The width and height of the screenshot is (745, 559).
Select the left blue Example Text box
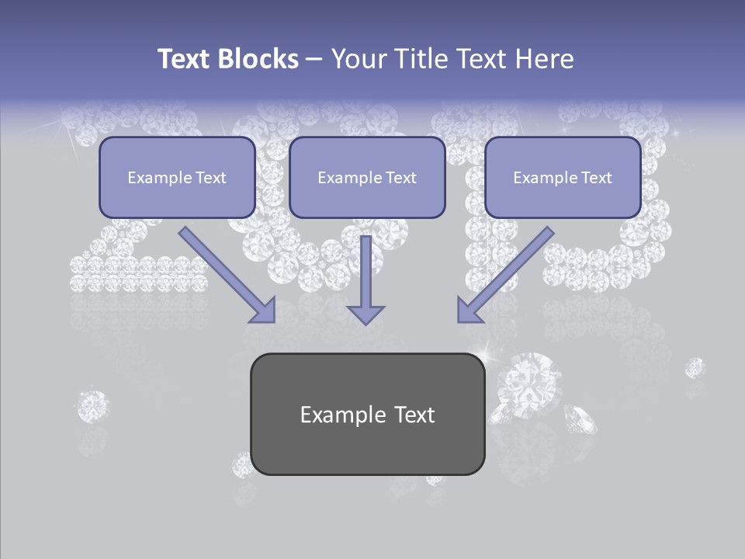pos(177,177)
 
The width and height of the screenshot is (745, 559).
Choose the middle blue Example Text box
pos(367,177)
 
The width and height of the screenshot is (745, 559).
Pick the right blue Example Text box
pos(563,177)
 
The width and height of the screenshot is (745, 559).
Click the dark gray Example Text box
pos(367,414)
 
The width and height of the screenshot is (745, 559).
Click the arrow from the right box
pos(506,274)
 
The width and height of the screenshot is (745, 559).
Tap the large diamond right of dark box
pos(533,382)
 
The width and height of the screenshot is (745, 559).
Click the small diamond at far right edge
pos(695,366)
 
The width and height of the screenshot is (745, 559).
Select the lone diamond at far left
pos(93,405)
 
